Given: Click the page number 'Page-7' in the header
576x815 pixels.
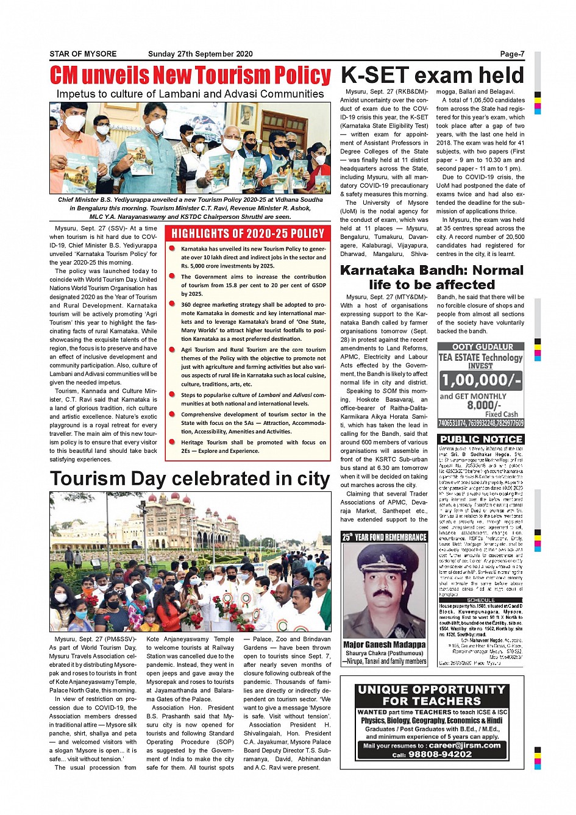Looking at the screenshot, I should click(x=511, y=54).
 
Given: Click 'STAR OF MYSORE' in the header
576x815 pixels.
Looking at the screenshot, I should click(x=83, y=54).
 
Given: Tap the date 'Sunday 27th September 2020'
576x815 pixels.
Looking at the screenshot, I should click(x=200, y=54).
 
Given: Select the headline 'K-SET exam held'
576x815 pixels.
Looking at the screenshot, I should click(x=432, y=75).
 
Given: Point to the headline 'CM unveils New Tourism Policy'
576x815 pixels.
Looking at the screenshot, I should click(x=190, y=76).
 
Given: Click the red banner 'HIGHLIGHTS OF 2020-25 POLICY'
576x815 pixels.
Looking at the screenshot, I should click(x=247, y=233).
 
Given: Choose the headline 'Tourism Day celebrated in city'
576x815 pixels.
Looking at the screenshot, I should click(x=190, y=479).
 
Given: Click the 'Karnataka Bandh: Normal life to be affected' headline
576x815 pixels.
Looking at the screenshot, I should click(x=432, y=277).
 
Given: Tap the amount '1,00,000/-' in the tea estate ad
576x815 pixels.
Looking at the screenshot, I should click(x=481, y=380).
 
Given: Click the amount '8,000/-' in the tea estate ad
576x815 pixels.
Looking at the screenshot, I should click(x=484, y=405).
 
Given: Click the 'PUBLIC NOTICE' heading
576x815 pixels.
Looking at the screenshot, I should click(x=481, y=439).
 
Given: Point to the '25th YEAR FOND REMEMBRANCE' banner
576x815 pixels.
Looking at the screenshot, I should click(x=384, y=537).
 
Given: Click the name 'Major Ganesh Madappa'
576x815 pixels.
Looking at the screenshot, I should click(x=384, y=644).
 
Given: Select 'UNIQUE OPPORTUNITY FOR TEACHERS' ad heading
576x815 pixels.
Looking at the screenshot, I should click(x=432, y=696).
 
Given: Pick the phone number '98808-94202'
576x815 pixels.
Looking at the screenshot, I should click(x=441, y=754).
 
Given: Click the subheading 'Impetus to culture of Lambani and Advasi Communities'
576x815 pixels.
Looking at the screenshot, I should click(x=190, y=94).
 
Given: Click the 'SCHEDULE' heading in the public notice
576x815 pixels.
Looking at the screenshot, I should click(x=481, y=600).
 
